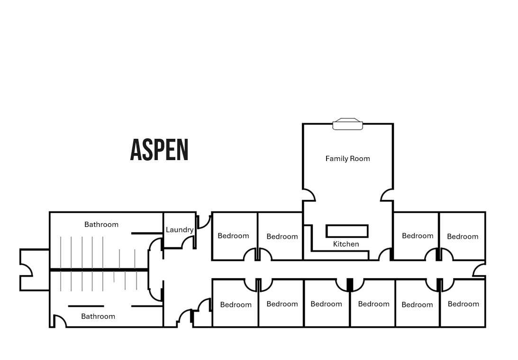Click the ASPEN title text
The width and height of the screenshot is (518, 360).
pyautogui.click(x=159, y=150)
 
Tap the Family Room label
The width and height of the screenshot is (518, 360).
pyautogui.click(x=347, y=159)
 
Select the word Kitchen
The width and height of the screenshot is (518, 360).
pyautogui.click(x=346, y=244)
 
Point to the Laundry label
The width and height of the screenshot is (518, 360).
pyautogui.click(x=180, y=230)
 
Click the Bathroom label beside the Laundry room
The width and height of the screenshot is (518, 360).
pyautogui.click(x=101, y=225)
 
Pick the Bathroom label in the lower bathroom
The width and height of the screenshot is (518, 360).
pyautogui.click(x=98, y=316)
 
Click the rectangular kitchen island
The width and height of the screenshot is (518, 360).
pyautogui.click(x=347, y=231)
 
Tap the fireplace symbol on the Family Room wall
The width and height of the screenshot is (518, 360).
pyautogui.click(x=347, y=124)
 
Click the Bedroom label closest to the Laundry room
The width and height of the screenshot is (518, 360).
pyautogui.click(x=233, y=236)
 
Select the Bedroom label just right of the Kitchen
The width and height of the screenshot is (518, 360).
pyautogui.click(x=418, y=236)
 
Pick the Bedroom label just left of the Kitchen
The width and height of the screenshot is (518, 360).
pyautogui.click(x=282, y=236)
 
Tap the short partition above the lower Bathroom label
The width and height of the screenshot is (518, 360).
pyautogui.click(x=86, y=306)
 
